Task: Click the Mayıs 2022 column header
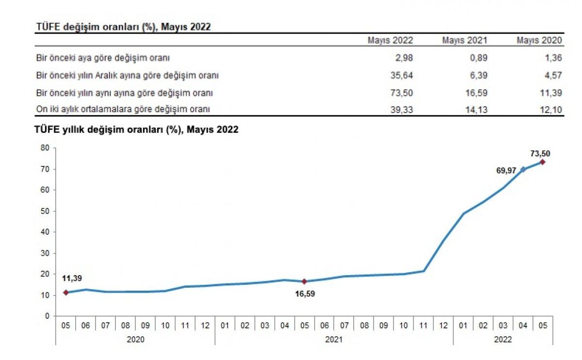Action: [390, 40]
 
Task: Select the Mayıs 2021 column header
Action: [464, 40]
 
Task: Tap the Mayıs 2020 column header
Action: [539, 40]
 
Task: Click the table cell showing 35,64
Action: [402, 75]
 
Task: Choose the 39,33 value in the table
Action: [402, 110]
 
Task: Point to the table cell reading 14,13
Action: [476, 110]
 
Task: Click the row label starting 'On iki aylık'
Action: [123, 109]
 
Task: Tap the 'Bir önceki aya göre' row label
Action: [103, 58]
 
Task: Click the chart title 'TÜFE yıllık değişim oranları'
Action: [136, 130]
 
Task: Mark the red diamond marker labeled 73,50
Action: [543, 162]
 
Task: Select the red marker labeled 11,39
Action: [66, 293]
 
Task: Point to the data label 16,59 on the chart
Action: [305, 294]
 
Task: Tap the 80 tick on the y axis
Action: [46, 148]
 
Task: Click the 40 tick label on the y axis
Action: [46, 232]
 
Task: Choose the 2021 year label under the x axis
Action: [334, 340]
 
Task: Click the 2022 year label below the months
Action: [503, 340]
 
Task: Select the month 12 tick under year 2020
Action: [205, 326]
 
